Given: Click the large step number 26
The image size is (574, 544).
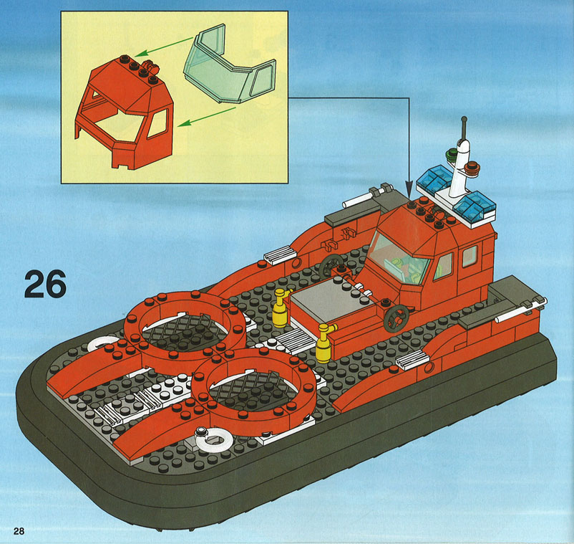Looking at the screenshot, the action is click(45, 284).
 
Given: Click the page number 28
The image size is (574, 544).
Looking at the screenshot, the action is click(19, 531).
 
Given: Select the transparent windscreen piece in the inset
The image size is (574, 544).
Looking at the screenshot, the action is click(230, 66).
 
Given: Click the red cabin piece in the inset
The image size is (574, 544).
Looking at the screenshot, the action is click(125, 112).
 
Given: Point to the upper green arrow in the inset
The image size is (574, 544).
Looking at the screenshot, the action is click(164, 47).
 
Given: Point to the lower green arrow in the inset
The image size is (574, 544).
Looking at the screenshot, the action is click(207, 118).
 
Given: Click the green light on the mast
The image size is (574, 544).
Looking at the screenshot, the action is click(452, 154).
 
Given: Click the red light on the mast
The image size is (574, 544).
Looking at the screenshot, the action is click(472, 168).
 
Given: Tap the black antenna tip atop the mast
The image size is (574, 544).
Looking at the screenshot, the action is click(464, 119).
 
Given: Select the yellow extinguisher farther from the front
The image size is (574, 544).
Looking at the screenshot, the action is click(281, 307).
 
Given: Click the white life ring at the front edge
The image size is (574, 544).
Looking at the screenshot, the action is click(213, 439).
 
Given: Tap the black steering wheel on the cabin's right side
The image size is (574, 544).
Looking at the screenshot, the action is click(396, 319).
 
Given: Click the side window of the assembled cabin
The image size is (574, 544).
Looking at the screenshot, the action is click(443, 267).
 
